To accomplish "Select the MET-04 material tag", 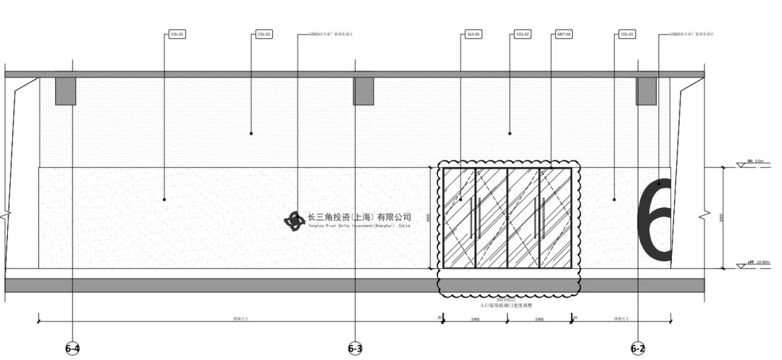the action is click(564, 34).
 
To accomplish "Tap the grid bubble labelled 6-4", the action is click(72, 348).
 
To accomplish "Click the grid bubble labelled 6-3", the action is click(355, 348).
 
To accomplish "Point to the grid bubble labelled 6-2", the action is click(637, 348).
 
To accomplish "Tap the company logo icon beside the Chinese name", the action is click(295, 220).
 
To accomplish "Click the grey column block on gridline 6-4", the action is click(66, 91).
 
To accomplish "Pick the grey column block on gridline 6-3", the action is click(363, 91).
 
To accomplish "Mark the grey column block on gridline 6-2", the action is click(646, 91).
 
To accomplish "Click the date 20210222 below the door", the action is click(505, 298).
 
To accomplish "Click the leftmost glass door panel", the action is click(459, 218).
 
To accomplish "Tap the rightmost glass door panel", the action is click(555, 218).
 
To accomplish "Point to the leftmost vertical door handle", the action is click(471, 217).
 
